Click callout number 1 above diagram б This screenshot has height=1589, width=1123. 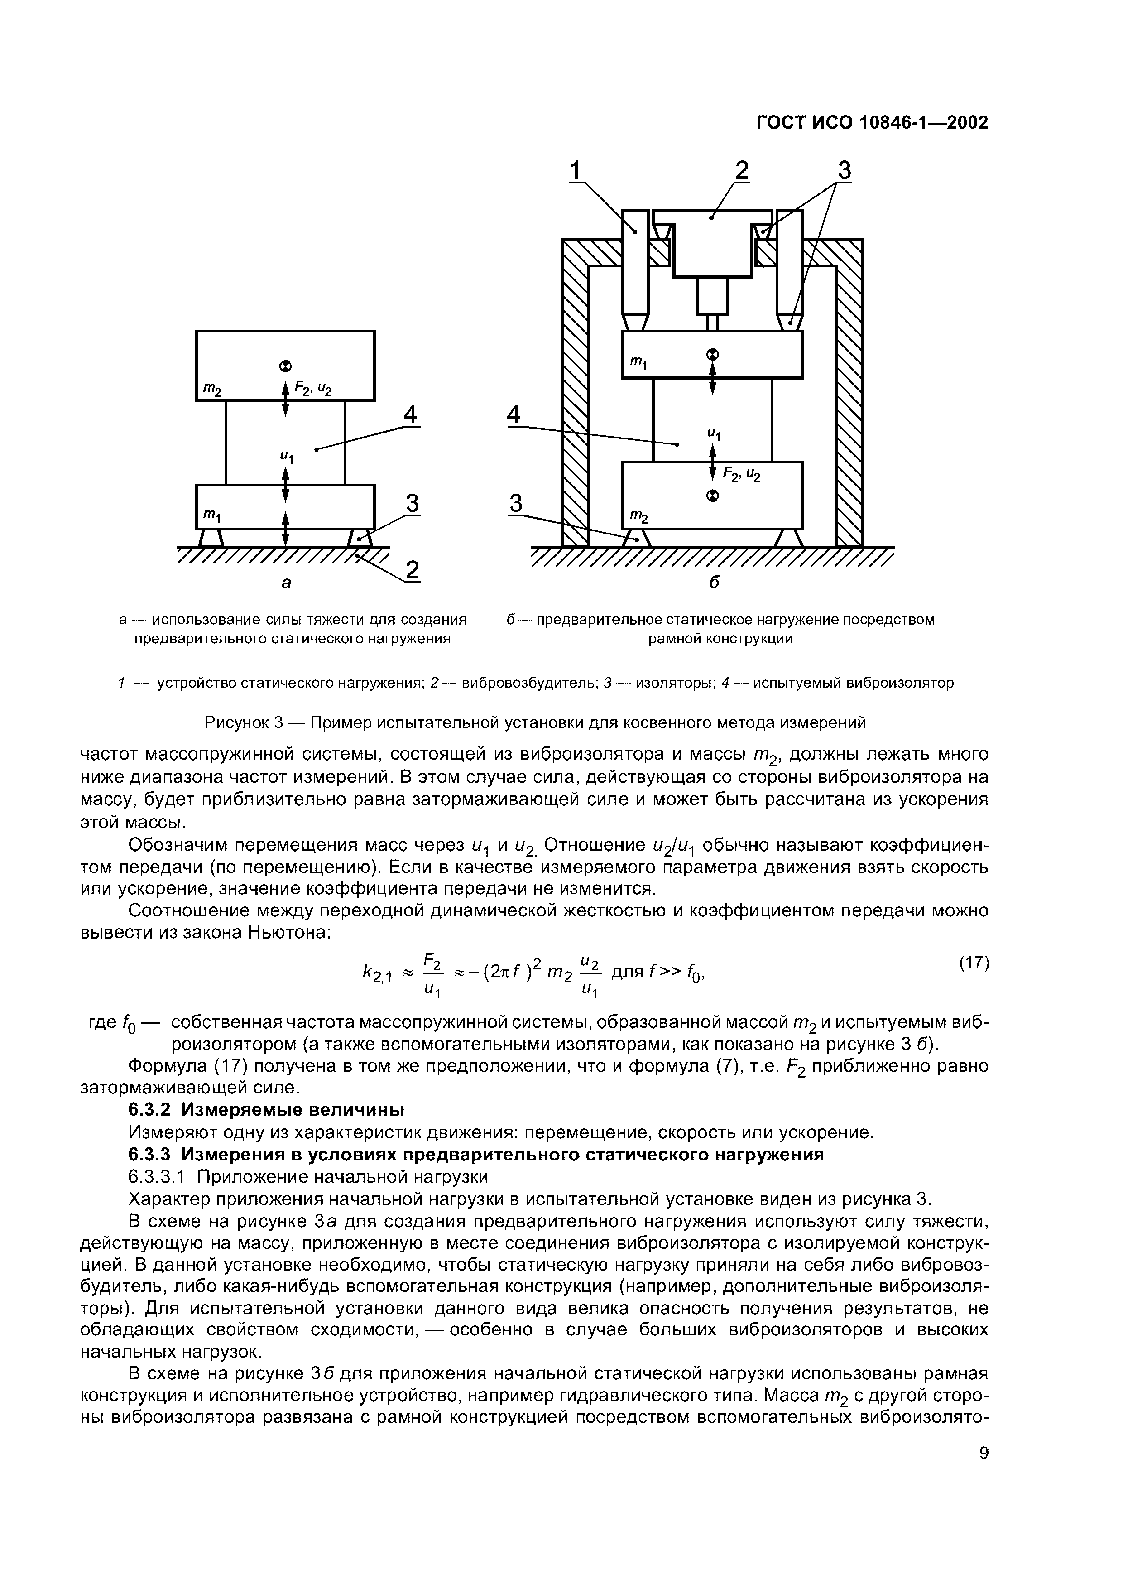click(576, 170)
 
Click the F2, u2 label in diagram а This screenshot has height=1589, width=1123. click(313, 390)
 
